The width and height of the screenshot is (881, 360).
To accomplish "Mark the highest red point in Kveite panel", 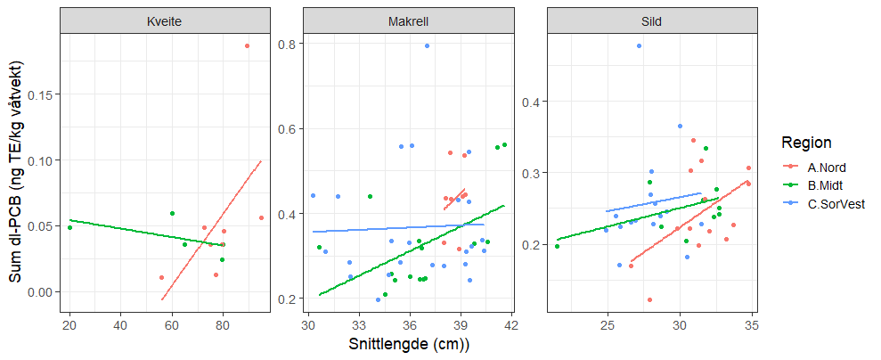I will (x=248, y=45).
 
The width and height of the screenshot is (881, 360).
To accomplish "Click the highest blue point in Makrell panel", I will (x=428, y=45).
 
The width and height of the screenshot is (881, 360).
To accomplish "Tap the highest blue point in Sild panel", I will (x=639, y=45).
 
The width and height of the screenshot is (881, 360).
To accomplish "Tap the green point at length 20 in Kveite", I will (x=69, y=227).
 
